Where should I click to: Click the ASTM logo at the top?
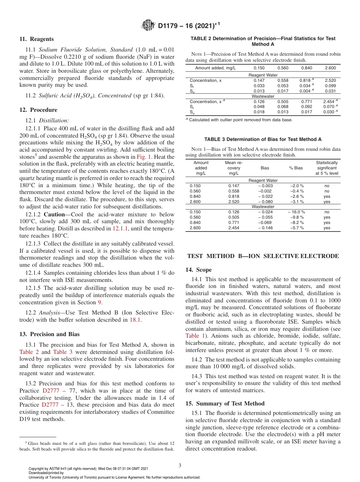(148, 25)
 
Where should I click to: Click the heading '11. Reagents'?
(36, 39)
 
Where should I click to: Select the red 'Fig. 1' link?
(144, 156)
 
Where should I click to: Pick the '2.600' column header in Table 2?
(330, 68)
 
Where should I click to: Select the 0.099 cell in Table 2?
(330, 86)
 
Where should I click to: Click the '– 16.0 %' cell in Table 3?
(296, 212)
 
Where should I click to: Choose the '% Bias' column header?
(296, 168)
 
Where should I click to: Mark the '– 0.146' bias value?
(265, 228)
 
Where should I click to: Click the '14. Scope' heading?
(199, 270)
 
